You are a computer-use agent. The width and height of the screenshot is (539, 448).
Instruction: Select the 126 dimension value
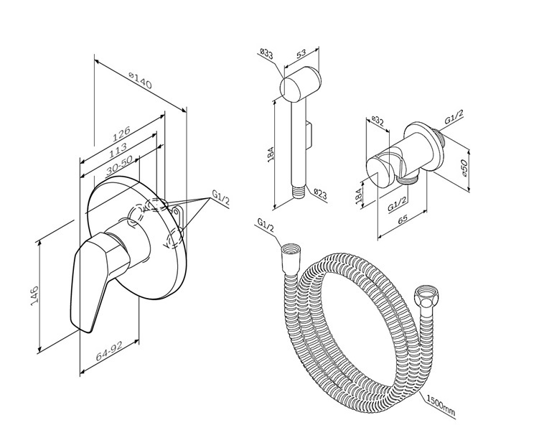coord(120,132)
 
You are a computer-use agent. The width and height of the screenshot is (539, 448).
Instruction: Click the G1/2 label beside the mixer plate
coord(220,199)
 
